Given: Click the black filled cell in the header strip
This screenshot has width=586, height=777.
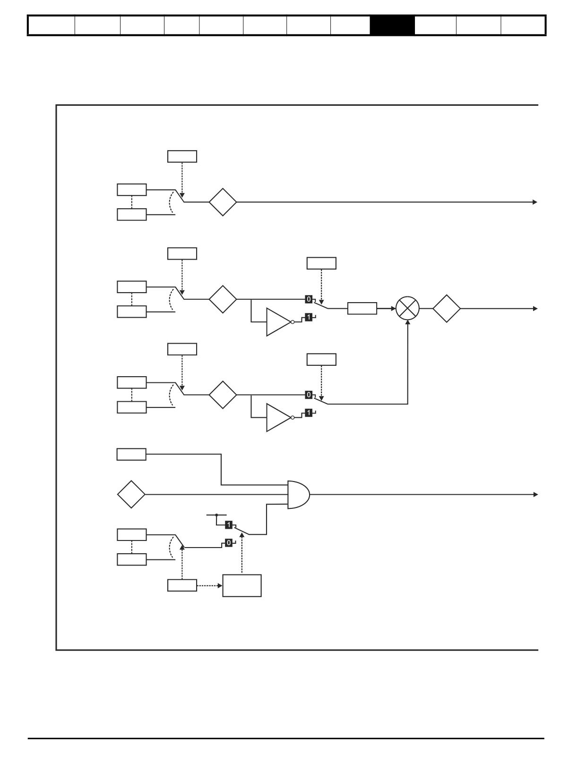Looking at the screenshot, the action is click(392, 25).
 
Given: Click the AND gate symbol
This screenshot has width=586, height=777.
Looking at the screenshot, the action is click(298, 494).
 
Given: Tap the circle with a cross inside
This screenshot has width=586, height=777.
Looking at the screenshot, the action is click(407, 308).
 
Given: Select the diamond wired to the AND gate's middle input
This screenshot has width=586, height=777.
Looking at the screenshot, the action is click(131, 494).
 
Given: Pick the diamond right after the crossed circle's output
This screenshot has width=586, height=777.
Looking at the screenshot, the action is click(446, 308).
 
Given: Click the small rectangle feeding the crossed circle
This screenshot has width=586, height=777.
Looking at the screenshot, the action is click(362, 308).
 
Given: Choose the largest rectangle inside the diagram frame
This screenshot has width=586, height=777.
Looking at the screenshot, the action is click(241, 585).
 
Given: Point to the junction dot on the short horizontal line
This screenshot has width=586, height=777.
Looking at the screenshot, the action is click(216, 515).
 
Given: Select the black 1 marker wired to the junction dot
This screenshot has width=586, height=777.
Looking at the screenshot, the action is click(229, 524).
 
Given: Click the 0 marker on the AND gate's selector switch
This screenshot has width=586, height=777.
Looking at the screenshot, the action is click(229, 543).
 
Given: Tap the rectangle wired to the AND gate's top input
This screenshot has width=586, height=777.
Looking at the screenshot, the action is click(131, 454).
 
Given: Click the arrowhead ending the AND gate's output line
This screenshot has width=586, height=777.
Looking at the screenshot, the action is click(535, 495).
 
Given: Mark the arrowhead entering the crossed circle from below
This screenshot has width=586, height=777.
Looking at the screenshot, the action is click(407, 322).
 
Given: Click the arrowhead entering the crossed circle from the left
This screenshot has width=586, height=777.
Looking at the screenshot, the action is click(393, 308).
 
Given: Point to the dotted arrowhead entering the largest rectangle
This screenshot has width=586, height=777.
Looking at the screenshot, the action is click(220, 586).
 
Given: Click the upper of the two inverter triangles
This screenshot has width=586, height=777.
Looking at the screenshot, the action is click(278, 322).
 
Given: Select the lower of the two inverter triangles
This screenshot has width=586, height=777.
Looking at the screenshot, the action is click(278, 417).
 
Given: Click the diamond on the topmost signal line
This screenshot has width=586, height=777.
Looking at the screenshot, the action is click(223, 202).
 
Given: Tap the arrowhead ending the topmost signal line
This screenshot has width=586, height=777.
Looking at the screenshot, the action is click(535, 202).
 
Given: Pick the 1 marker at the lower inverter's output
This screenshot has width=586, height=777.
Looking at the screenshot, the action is click(309, 413).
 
